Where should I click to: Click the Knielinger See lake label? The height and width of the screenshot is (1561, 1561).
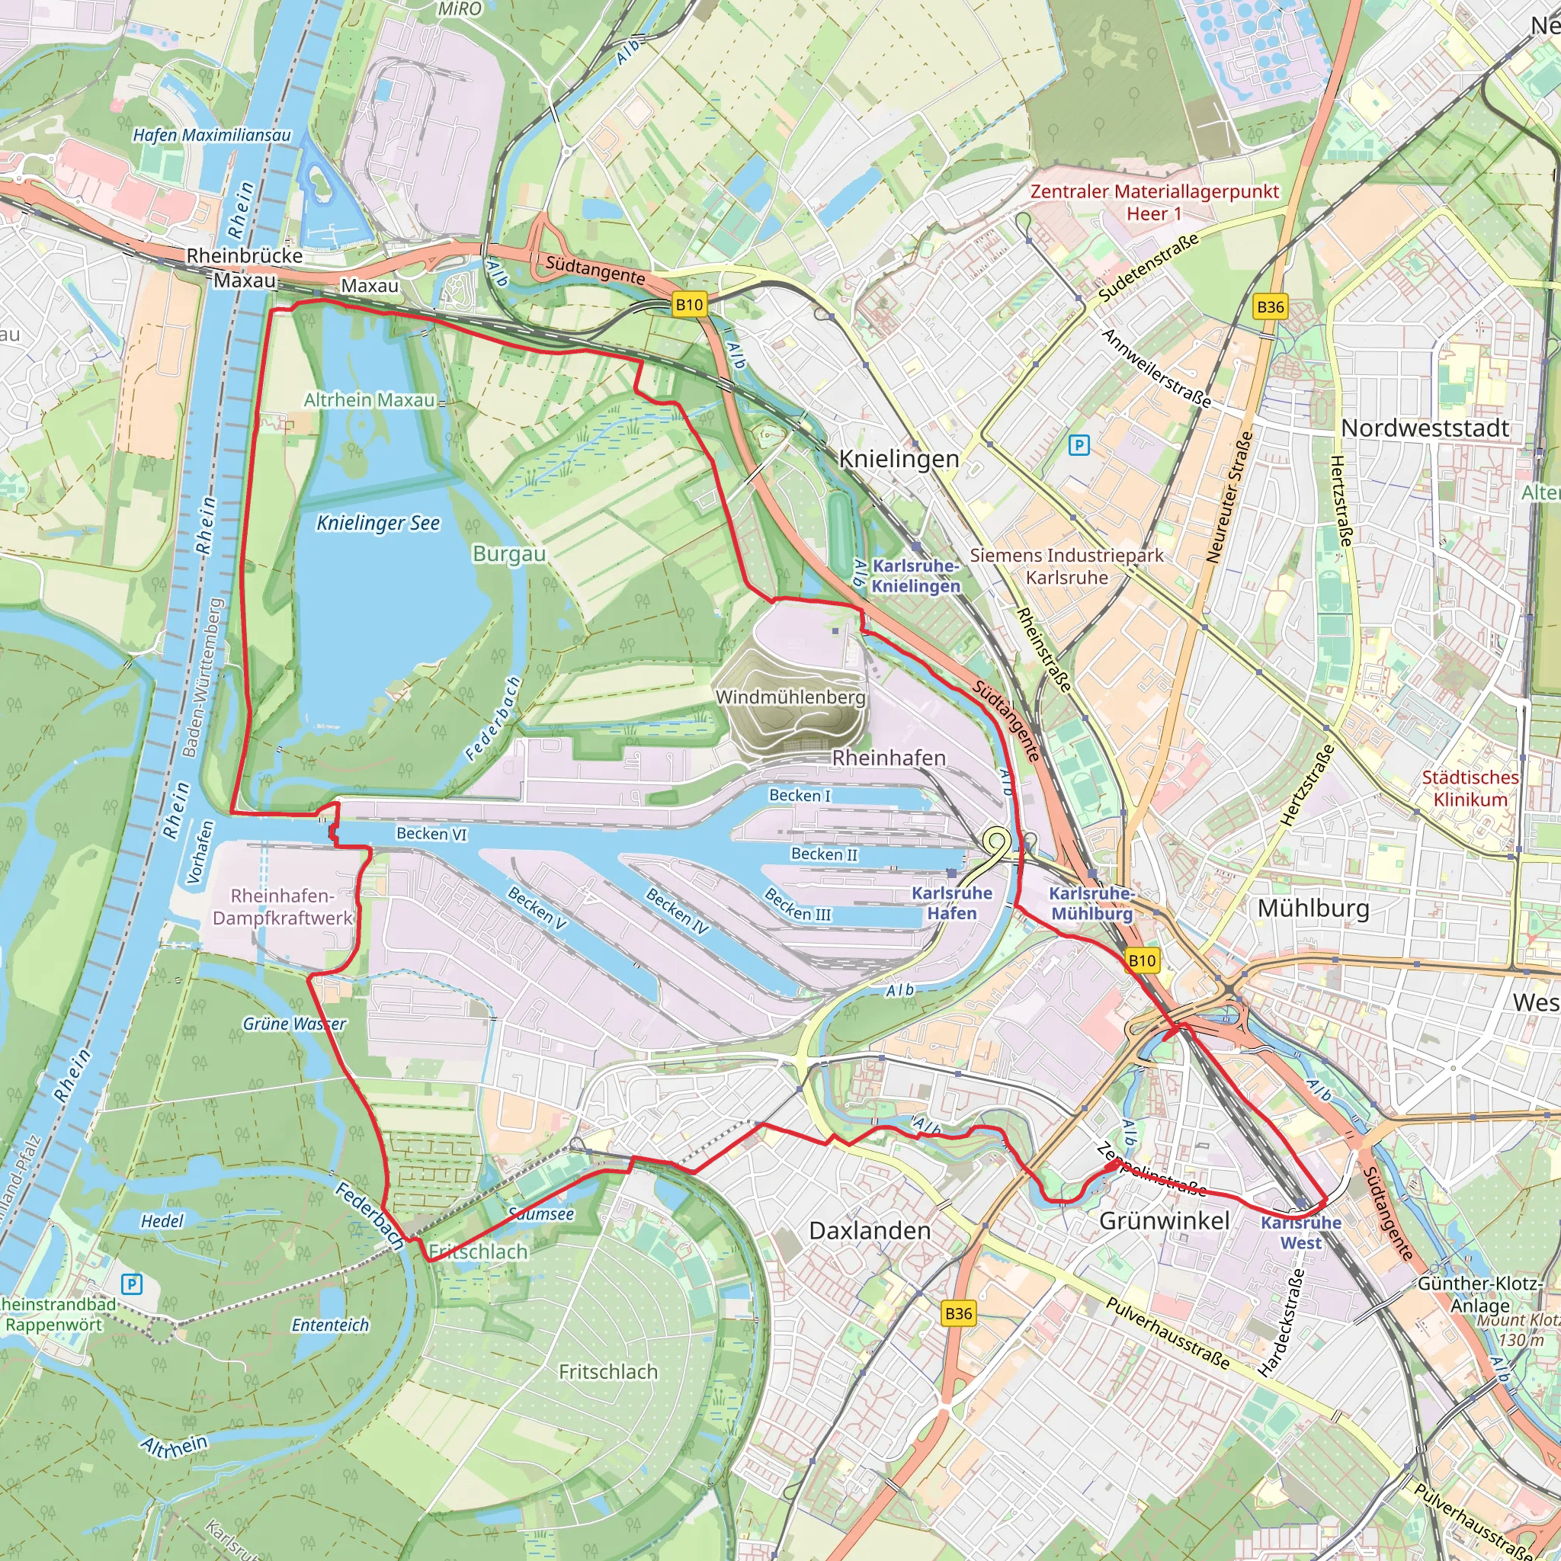point(378,523)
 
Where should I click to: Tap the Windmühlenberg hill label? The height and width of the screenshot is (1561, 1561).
point(790,697)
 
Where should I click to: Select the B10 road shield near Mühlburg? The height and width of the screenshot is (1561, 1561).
point(1142,960)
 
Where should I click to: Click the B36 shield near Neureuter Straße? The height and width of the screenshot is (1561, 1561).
point(1270,307)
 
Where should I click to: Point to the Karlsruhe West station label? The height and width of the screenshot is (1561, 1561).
point(1301,1233)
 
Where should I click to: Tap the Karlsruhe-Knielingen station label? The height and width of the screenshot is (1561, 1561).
point(915,575)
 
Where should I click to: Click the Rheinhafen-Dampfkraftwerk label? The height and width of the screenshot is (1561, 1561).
point(282,906)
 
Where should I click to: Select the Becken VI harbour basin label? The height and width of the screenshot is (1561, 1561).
point(431,833)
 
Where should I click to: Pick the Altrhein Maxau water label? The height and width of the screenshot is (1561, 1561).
point(369,400)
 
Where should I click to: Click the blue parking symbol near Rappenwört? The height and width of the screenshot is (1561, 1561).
point(131,1284)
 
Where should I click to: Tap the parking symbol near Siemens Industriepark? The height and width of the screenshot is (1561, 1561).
point(1079,444)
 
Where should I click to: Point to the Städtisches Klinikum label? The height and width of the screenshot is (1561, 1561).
point(1470,788)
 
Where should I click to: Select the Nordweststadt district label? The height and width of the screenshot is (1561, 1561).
point(1425,428)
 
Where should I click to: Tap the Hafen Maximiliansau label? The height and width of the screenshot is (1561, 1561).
point(212,135)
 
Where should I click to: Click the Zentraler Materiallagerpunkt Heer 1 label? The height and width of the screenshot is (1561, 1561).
point(1154,202)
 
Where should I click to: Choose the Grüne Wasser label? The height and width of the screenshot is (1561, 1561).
point(294,1024)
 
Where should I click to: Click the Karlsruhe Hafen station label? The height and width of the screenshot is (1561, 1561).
point(951,902)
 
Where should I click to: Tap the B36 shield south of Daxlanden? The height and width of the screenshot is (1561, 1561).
point(958,1313)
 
